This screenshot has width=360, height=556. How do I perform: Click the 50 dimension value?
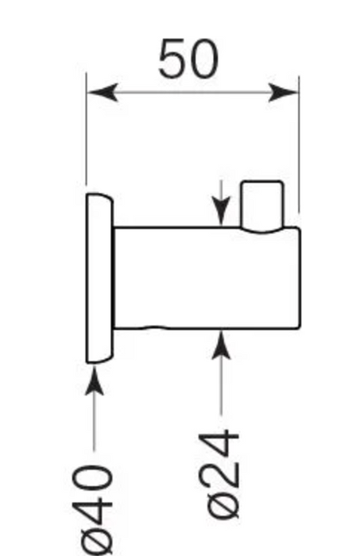(188, 59)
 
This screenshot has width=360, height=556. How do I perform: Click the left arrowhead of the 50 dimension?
(103, 93)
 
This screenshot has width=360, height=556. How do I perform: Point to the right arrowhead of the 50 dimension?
(284, 93)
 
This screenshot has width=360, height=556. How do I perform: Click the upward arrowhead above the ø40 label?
(95, 380)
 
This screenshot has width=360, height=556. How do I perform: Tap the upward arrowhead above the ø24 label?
(221, 345)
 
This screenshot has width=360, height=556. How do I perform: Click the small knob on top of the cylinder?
(262, 206)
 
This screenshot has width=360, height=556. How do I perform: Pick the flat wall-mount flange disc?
(99, 278)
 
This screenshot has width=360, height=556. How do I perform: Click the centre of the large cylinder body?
(207, 278)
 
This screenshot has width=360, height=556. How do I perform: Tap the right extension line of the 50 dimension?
(299, 145)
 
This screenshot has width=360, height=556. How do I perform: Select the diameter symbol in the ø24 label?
(223, 504)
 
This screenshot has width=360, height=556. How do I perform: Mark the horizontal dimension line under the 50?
(193, 93)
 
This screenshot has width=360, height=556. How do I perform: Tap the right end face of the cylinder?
(300, 278)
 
